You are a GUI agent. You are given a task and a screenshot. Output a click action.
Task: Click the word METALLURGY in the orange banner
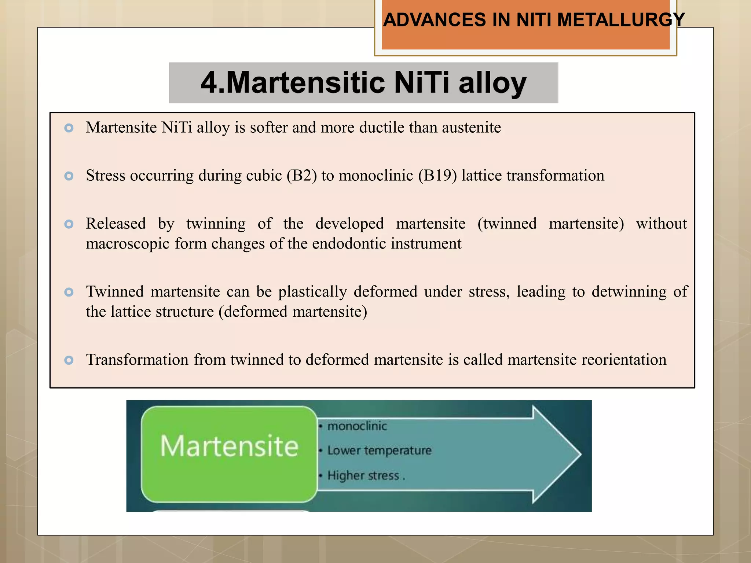(x=621, y=20)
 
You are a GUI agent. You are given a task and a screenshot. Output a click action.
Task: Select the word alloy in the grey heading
(x=492, y=83)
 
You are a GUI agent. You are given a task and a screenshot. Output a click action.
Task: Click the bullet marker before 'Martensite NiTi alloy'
(x=69, y=128)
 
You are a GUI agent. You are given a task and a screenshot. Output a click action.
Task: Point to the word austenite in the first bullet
(x=471, y=128)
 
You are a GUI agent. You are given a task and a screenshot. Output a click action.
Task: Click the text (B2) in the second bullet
(x=302, y=176)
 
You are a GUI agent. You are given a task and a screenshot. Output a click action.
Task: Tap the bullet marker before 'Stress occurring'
(x=69, y=176)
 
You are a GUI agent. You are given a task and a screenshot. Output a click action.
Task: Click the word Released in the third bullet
(x=116, y=224)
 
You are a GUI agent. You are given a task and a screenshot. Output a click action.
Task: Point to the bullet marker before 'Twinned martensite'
(x=69, y=292)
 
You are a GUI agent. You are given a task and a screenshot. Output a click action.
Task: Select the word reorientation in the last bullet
(x=624, y=360)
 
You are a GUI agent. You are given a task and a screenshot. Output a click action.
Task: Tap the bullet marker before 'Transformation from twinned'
(x=69, y=360)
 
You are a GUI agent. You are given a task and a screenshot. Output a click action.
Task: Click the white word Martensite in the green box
(x=229, y=446)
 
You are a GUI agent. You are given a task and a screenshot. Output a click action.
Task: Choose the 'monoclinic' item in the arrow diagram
(x=357, y=426)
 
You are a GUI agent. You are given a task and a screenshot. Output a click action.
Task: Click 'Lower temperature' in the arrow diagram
(x=379, y=450)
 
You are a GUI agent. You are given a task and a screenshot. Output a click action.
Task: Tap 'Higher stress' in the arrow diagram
(x=363, y=475)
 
